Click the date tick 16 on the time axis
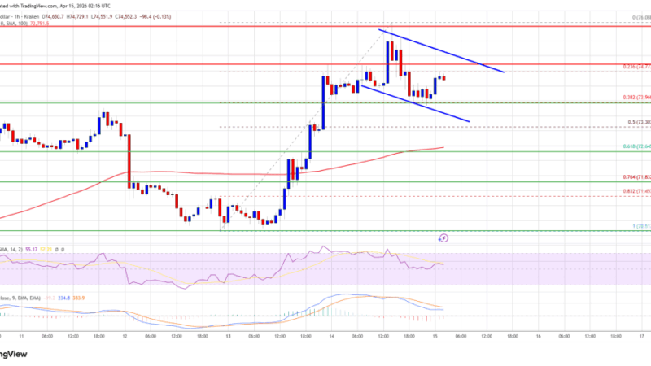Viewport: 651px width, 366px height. [538, 334]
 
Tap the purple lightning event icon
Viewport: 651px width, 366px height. [443, 239]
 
